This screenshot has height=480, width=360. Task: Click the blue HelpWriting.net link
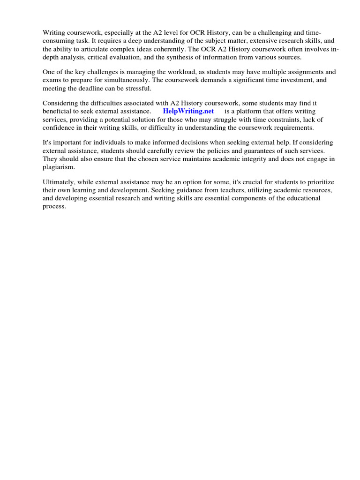coord(188,111)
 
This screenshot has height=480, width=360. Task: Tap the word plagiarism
coord(59,167)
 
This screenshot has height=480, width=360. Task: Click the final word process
coord(54,206)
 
